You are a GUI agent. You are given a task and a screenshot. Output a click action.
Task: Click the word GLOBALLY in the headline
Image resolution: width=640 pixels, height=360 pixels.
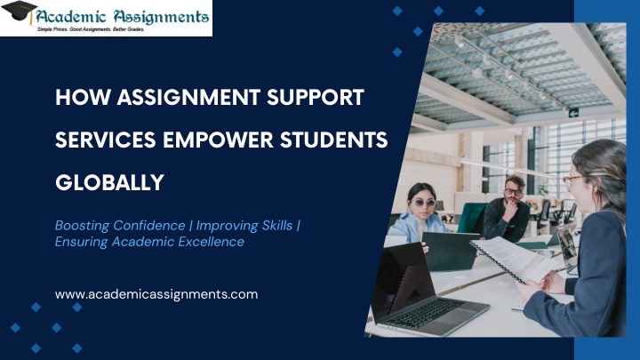tap(109, 182)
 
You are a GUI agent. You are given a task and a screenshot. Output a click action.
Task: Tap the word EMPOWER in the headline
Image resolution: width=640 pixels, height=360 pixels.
tap(218, 140)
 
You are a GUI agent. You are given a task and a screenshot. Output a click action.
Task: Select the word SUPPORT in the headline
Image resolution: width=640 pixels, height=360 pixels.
tap(315, 97)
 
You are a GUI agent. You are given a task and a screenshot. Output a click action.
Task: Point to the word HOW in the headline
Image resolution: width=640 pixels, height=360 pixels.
tap(83, 97)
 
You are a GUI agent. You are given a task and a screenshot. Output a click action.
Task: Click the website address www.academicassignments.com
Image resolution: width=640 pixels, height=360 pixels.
tap(156, 294)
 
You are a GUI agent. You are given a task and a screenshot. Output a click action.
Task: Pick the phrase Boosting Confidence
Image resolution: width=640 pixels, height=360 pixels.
tap(120, 225)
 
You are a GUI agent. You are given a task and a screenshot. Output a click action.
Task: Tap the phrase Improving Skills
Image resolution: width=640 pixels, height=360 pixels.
tap(244, 225)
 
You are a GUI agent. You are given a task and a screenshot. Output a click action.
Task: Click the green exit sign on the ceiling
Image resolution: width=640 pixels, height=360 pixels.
tap(573, 113)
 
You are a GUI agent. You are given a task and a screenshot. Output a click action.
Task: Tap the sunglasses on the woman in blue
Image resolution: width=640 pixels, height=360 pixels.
tap(423, 202)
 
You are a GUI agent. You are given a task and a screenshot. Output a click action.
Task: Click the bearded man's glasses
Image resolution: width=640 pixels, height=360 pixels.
tap(513, 191)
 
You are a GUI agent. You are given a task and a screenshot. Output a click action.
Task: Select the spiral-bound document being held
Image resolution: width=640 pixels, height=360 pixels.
tap(515, 259)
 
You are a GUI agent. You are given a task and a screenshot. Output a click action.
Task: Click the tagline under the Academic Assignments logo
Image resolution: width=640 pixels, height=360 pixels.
tap(91, 29)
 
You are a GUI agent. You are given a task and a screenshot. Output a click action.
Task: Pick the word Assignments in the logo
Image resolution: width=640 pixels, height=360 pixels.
tap(161, 17)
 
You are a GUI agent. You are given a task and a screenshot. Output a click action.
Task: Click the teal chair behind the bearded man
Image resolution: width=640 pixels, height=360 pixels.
tap(472, 217)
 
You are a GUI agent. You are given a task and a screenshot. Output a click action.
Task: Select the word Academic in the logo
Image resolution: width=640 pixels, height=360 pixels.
tap(71, 16)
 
